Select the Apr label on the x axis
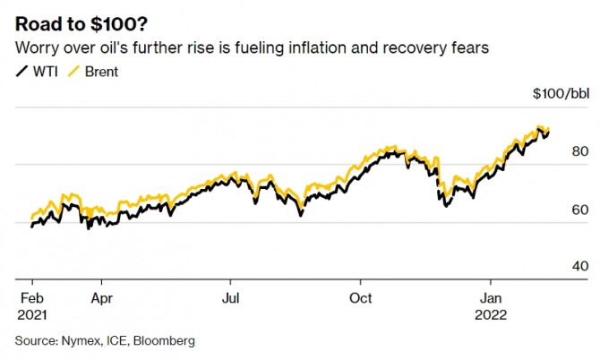102,297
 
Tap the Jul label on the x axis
231,297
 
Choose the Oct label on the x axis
361,297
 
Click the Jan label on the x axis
491,297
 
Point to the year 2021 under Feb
32,314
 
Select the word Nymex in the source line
79,340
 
